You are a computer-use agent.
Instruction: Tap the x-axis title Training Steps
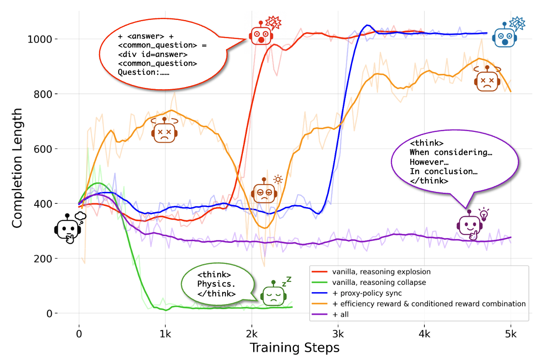(x=294, y=348)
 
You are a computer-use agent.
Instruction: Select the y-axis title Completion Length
(x=17, y=167)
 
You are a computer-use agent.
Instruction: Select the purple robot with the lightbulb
(x=470, y=224)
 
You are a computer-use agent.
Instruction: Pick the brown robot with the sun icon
(x=265, y=191)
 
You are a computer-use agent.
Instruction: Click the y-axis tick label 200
(x=49, y=259)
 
